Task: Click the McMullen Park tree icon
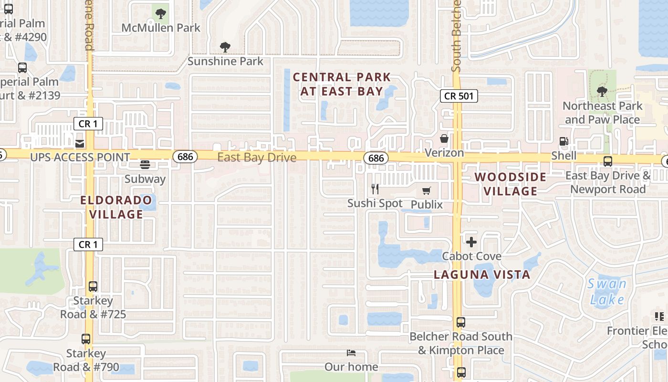(161, 13)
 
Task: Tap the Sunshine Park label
(225, 61)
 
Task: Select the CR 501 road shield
(459, 96)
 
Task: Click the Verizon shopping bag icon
(444, 139)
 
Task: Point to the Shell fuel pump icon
(564, 141)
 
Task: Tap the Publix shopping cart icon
(427, 191)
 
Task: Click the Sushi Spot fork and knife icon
(375, 189)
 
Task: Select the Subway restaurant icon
(145, 165)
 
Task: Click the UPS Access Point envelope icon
(79, 143)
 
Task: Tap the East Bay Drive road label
(257, 157)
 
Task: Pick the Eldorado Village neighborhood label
(116, 207)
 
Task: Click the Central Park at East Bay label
(342, 84)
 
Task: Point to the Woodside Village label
(511, 184)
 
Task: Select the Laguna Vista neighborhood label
(482, 275)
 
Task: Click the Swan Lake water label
(607, 292)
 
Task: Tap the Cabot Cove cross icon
(471, 242)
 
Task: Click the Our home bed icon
(351, 353)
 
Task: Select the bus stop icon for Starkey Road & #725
(93, 286)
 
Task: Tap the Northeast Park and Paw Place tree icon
(602, 91)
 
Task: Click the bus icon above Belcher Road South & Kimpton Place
(461, 322)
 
